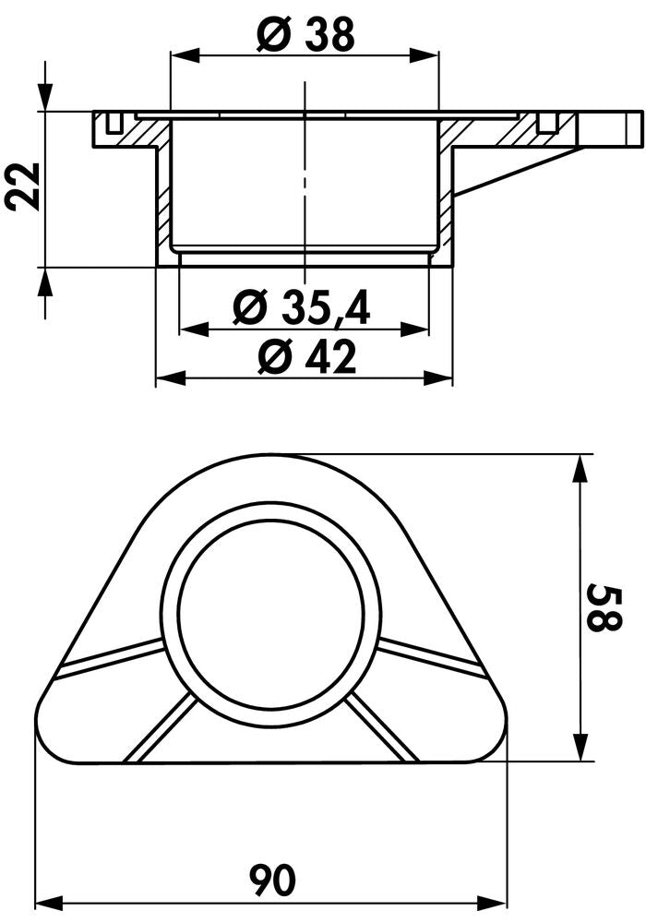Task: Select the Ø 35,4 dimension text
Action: [302, 306]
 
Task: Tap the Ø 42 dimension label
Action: [307, 357]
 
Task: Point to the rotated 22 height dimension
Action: [23, 186]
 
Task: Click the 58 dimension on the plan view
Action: [604, 607]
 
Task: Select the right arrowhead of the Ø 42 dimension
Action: [437, 377]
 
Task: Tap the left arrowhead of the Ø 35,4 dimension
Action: [194, 330]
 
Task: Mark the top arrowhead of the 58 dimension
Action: [581, 469]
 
